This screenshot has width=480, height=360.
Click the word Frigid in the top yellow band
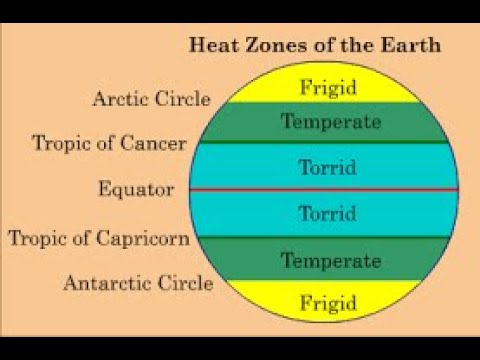[327, 87]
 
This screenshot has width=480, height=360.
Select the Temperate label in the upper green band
[330, 123]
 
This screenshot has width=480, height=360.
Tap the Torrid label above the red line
[327, 167]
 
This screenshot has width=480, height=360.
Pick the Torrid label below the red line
[327, 213]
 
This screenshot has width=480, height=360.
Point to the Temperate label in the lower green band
[330, 261]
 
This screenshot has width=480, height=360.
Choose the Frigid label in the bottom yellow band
[327, 300]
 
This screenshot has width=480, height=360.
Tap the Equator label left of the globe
[136, 189]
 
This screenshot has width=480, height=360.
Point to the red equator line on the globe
[400, 189]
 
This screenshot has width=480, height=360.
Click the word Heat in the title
[212, 46]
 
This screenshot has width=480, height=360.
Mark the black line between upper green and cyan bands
[400, 142]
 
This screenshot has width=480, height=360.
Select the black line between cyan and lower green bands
[400, 237]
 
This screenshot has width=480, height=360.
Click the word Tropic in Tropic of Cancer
[60, 143]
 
